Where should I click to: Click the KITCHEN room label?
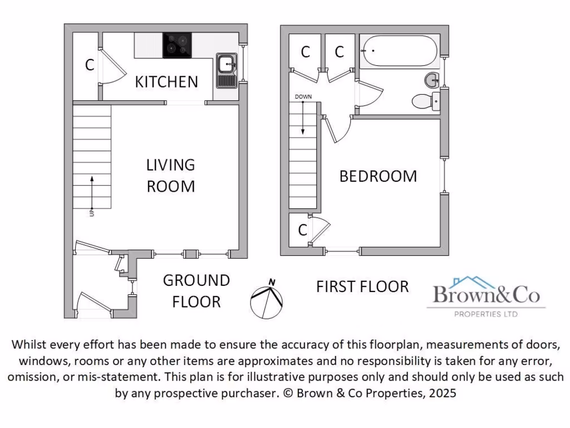tap(166, 82)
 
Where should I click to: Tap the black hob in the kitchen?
tap(177, 45)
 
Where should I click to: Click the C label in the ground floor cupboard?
tap(89, 65)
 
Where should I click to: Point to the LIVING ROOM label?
tap(170, 175)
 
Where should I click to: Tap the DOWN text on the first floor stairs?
tap(303, 96)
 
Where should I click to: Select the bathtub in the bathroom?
tap(399, 51)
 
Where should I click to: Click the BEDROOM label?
tap(378, 176)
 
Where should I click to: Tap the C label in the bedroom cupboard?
tap(302, 230)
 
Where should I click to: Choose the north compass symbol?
tap(267, 298)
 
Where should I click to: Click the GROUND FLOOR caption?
tap(196, 290)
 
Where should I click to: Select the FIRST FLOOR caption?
tap(362, 286)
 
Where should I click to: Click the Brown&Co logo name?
tap(486, 295)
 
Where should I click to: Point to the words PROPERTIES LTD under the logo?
tap(486, 314)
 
